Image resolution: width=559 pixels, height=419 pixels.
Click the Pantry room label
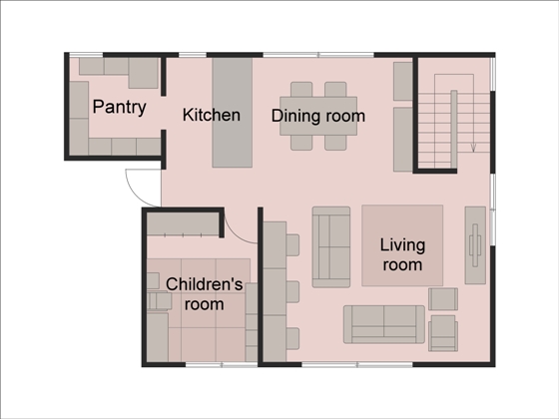(x=119, y=107)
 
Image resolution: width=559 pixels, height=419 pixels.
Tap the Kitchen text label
(x=212, y=115)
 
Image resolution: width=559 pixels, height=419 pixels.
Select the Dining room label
(x=318, y=116)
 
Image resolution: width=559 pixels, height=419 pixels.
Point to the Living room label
(x=402, y=254)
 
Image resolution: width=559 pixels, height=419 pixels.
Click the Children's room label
(x=205, y=294)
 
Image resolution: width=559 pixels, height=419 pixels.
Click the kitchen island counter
(x=233, y=113)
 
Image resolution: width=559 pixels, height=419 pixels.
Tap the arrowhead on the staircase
(x=473, y=148)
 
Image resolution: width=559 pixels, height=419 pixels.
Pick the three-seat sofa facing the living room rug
(x=331, y=247)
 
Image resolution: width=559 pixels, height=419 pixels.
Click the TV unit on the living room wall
(x=475, y=245)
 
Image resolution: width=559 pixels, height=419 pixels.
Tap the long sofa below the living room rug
(x=384, y=324)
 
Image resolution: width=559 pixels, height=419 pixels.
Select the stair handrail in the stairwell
(x=454, y=129)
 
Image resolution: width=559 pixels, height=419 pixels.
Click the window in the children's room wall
(x=222, y=365)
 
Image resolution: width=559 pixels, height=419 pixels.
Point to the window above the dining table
(x=318, y=55)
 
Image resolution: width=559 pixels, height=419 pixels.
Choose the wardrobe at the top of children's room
(x=183, y=224)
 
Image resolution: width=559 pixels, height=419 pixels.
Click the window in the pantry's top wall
(x=86, y=55)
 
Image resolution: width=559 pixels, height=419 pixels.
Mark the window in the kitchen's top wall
(x=193, y=55)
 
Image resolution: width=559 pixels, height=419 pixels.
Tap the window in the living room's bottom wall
(x=357, y=365)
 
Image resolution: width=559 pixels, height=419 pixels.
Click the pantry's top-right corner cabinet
(x=144, y=73)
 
